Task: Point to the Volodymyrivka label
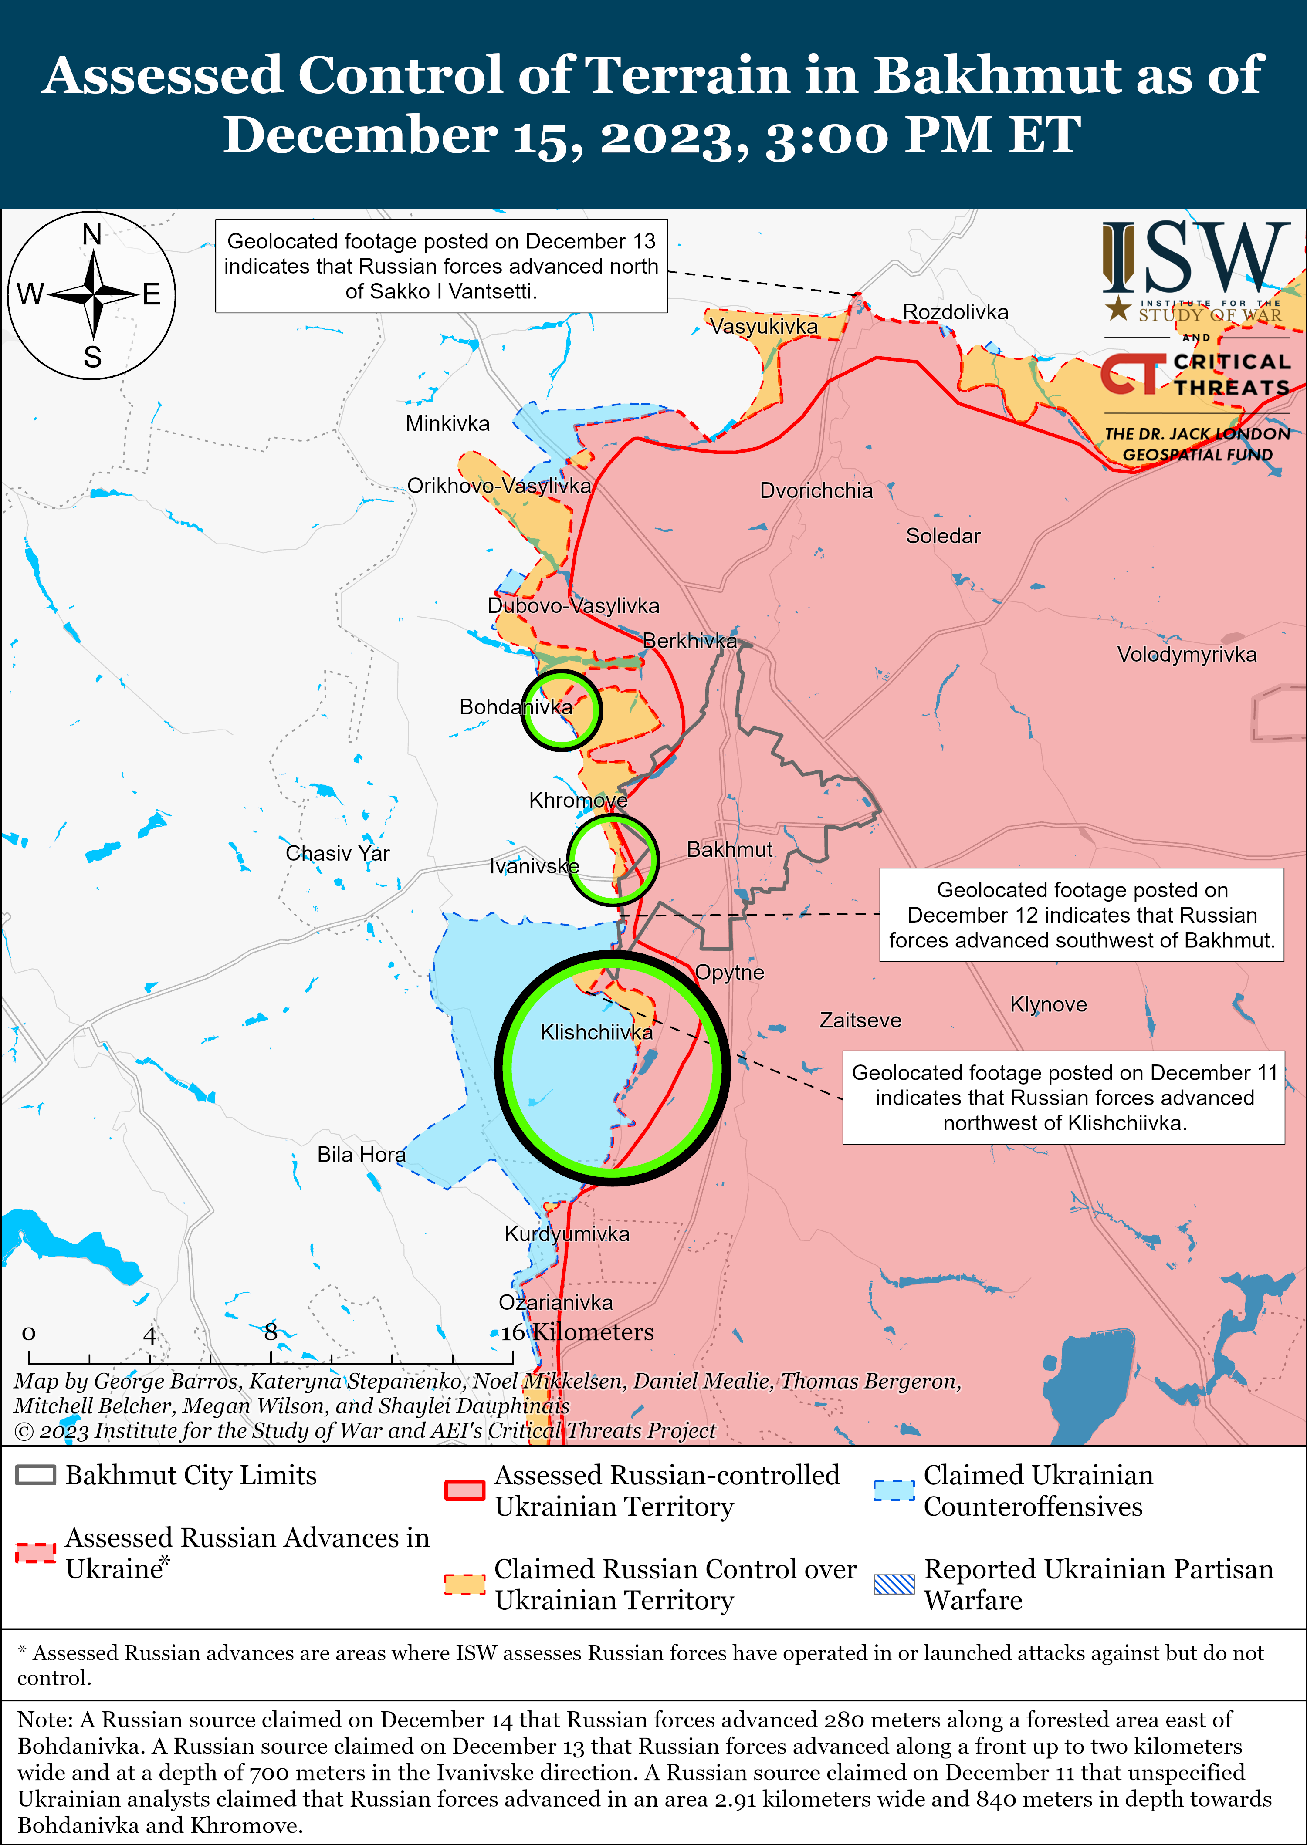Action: (x=1186, y=654)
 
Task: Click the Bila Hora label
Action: (x=361, y=1155)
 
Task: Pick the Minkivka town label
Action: (x=447, y=423)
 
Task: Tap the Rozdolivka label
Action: (x=955, y=312)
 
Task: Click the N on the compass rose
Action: (x=92, y=235)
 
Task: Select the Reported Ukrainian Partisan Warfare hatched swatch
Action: (x=894, y=1584)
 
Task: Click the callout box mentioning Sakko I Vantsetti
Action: (x=441, y=266)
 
